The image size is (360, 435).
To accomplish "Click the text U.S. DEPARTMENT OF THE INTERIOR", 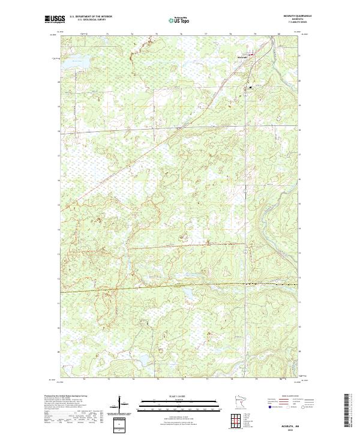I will point(91,17).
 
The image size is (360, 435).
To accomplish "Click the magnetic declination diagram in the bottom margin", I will point(124,405).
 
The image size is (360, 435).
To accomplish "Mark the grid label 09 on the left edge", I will point(58,352).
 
